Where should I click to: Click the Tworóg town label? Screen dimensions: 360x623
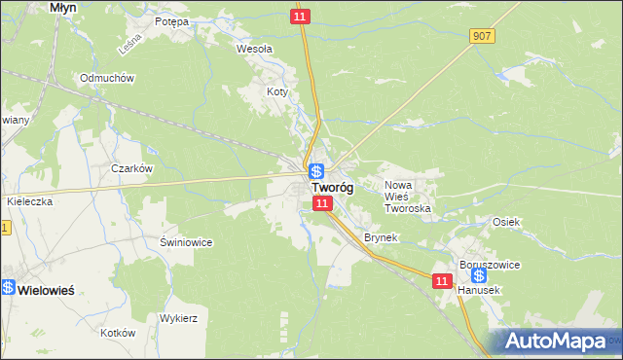coord(332,188)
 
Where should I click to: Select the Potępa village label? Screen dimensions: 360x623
coord(170,20)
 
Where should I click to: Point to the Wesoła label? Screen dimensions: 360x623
coord(255,47)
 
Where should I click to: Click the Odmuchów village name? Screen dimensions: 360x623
coord(107,78)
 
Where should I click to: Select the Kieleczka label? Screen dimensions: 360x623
coord(28,201)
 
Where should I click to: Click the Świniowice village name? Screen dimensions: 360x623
coord(186,241)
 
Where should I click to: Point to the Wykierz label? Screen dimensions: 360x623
coord(179,318)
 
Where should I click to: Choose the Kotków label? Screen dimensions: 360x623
coord(117,332)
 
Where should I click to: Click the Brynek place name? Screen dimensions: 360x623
coord(382,237)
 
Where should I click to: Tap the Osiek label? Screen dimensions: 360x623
coord(506,222)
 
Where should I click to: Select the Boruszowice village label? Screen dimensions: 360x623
coord(491,264)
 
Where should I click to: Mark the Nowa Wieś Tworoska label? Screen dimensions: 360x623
coord(407,197)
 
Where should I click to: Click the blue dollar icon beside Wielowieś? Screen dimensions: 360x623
coord(8,288)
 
